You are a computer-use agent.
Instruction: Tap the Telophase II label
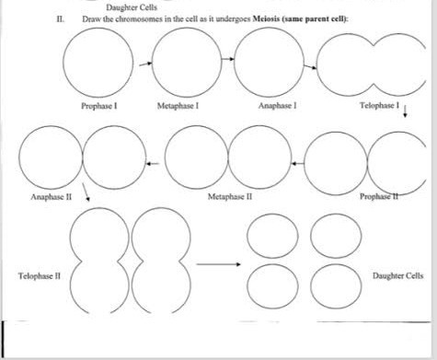pos(37,275)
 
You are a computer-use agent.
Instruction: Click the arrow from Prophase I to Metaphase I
pos(144,65)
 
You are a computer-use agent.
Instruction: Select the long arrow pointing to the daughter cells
pos(218,265)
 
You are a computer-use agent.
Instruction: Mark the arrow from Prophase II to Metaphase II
pos(296,162)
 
